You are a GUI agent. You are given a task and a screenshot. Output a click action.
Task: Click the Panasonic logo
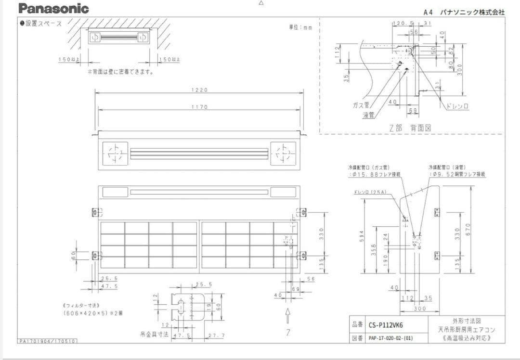coord(53,9)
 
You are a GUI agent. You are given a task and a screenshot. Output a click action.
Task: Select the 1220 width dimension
coord(199,90)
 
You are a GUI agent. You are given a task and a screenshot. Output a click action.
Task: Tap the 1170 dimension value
coord(199,107)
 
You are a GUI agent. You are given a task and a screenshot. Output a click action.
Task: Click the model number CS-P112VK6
coord(386,325)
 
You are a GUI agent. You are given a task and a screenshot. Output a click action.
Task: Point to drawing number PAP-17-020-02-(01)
coord(390,338)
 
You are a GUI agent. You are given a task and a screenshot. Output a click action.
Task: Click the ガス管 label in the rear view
coord(361,105)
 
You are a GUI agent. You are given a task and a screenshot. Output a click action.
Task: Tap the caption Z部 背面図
coord(410,128)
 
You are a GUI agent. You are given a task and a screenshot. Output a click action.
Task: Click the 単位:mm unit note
coord(300,27)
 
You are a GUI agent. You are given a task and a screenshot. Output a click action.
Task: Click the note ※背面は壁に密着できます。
coord(120,72)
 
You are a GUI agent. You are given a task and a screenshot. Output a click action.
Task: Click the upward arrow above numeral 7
coord(287,316)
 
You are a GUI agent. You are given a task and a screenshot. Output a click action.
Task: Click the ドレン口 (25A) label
coord(370,192)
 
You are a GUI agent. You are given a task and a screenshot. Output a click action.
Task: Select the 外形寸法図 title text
coord(467,321)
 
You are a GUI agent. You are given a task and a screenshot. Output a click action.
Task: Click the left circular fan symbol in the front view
coord(115,154)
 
